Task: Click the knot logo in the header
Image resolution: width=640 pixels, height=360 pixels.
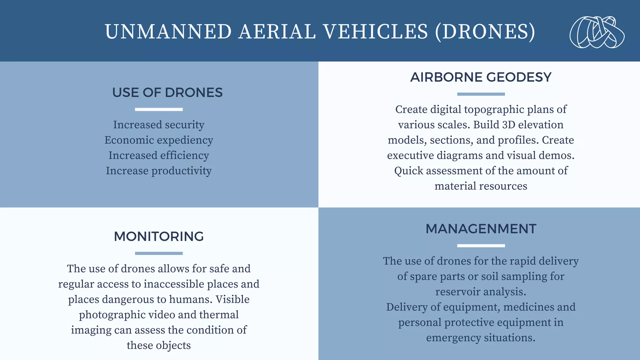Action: coord(597,32)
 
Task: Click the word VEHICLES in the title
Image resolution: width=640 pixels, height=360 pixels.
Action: coord(375,32)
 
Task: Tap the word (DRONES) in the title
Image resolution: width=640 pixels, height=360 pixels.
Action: coord(485,32)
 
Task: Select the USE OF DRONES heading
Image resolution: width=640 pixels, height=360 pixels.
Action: coord(167,92)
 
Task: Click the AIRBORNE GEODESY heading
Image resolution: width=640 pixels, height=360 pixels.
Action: coord(481,77)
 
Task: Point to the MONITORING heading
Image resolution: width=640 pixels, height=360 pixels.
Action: coord(159,237)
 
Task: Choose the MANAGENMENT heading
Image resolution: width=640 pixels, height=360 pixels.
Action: coord(481,229)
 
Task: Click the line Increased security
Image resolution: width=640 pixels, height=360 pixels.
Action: coord(159,125)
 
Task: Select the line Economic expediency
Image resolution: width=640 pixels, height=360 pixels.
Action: coord(159,140)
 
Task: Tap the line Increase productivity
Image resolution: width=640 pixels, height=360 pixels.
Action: coord(159,171)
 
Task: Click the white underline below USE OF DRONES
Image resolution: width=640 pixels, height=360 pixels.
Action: coord(159,109)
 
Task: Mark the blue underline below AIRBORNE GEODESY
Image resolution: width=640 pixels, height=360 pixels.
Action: coord(481,94)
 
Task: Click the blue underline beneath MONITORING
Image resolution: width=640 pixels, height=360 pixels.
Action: coord(159,253)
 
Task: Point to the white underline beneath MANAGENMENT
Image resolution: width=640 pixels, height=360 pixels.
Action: coord(481,246)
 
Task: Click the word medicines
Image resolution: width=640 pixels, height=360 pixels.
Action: coord(533,307)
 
